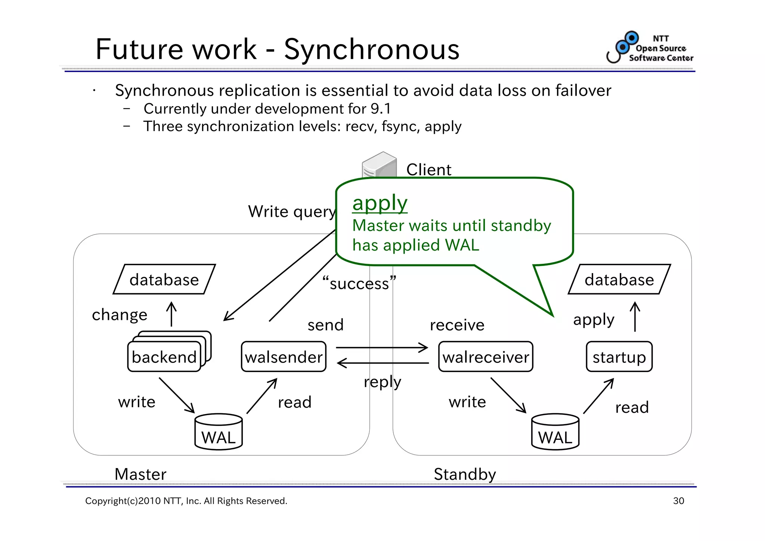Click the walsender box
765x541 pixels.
click(x=284, y=357)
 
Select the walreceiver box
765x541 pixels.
click(x=486, y=357)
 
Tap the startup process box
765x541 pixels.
click(x=619, y=357)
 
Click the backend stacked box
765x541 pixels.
click(x=164, y=357)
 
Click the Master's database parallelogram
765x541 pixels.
click(x=164, y=279)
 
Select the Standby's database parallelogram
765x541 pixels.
click(x=619, y=279)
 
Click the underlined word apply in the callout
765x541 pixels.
click(x=380, y=203)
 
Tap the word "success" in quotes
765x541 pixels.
click(x=359, y=283)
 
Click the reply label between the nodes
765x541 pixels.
click(x=382, y=382)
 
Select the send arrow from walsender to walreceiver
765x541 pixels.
click(x=382, y=347)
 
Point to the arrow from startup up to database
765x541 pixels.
click(x=635, y=316)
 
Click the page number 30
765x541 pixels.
click(x=678, y=501)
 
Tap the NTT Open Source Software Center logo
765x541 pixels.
click(x=650, y=48)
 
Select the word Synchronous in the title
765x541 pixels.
click(x=372, y=49)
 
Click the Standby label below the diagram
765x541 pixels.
click(x=465, y=474)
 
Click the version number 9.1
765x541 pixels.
click(x=381, y=109)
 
